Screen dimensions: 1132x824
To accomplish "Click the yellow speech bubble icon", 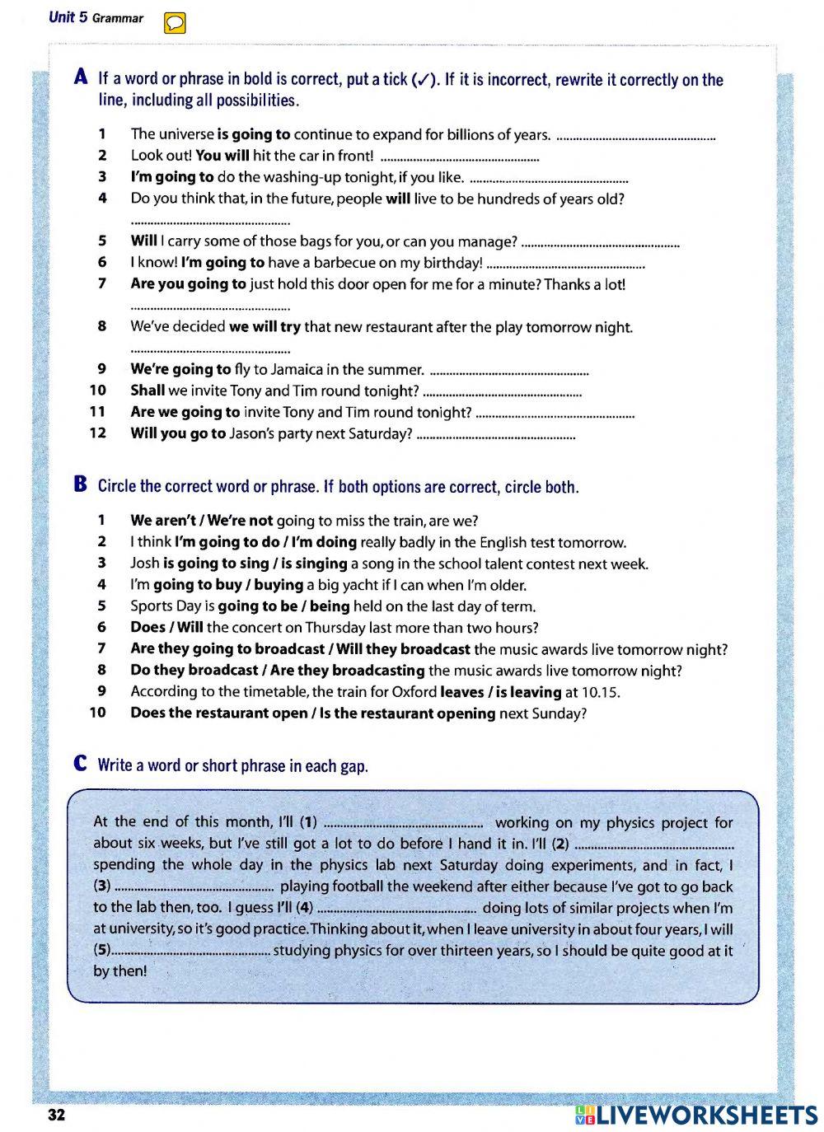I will (x=175, y=24).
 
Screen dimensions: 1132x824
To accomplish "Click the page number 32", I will (x=56, y=1116).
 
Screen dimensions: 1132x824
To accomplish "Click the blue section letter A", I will (x=81, y=77).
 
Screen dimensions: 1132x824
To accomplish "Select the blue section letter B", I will (x=81, y=484).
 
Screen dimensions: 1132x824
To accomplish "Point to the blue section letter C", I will (x=81, y=764).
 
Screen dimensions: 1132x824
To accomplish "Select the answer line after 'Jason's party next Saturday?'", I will (x=496, y=436).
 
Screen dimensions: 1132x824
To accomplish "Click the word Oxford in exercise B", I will (x=414, y=692).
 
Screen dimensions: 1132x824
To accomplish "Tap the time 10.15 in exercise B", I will (x=602, y=692).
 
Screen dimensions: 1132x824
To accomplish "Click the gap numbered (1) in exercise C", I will (x=404, y=822).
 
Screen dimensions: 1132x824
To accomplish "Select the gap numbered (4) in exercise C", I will (x=396, y=909).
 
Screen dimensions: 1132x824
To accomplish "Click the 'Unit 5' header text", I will (x=68, y=17).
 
